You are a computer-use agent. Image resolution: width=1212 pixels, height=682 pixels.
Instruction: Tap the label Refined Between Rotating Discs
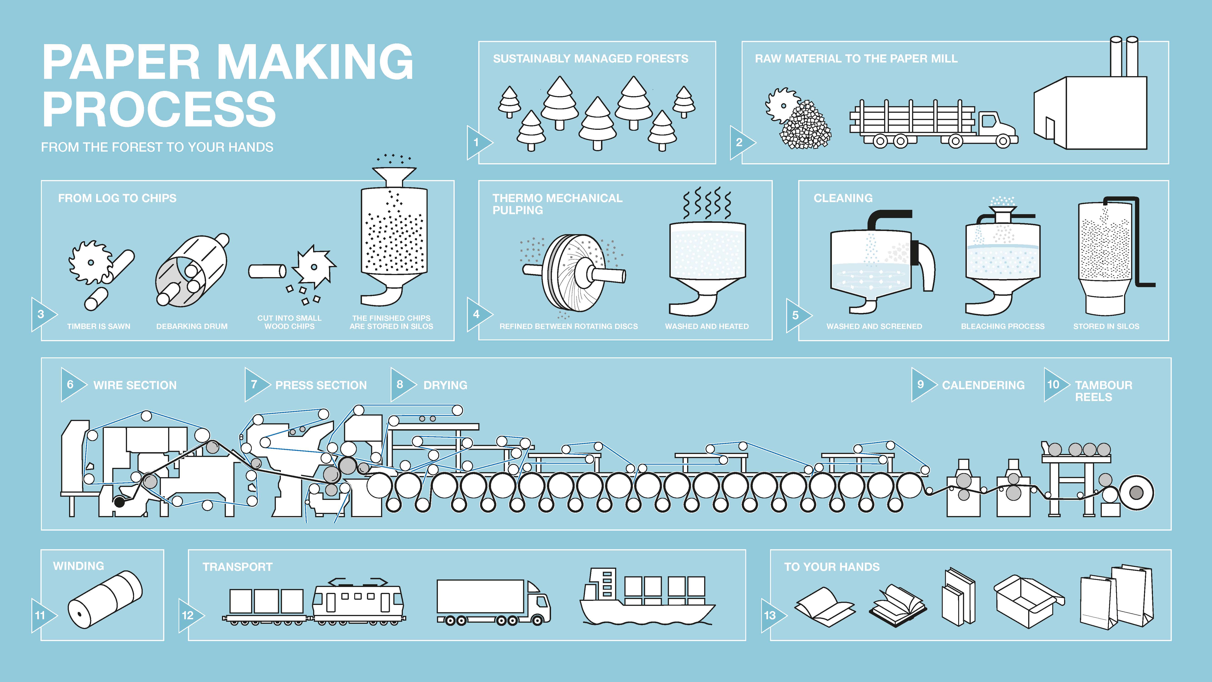[568, 326]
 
